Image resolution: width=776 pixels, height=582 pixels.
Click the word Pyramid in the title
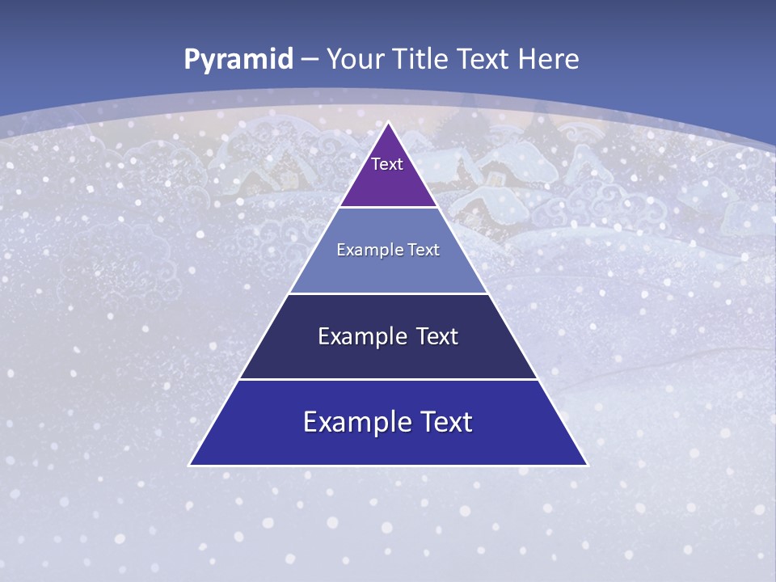pyautogui.click(x=238, y=59)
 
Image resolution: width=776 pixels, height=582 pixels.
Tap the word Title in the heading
pyautogui.click(x=422, y=59)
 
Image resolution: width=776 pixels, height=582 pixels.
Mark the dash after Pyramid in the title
pyautogui.click(x=310, y=60)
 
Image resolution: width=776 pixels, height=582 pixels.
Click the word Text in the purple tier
pyautogui.click(x=387, y=164)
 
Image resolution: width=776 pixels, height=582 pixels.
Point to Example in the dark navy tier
pyautogui.click(x=360, y=336)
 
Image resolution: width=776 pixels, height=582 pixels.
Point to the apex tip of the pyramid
pyautogui.click(x=389, y=124)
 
